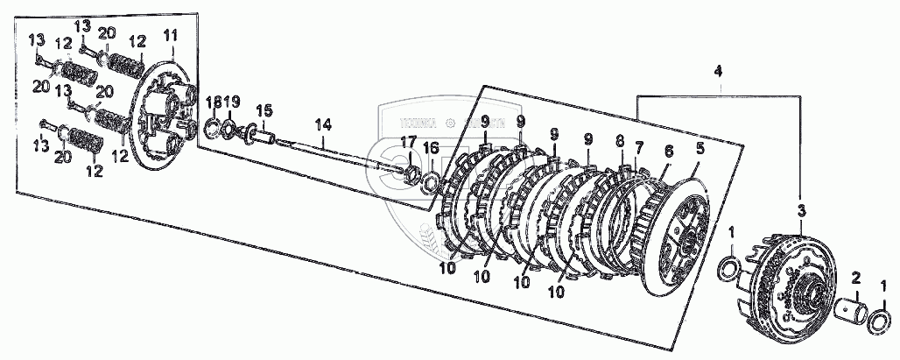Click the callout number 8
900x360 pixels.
[x=620, y=139]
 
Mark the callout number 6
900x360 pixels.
[x=668, y=152]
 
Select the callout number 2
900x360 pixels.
[x=856, y=279]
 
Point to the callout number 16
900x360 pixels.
[x=428, y=150]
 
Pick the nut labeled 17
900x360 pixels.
[x=409, y=172]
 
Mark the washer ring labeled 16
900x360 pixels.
[x=431, y=183]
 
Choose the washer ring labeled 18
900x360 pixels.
[x=211, y=130]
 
